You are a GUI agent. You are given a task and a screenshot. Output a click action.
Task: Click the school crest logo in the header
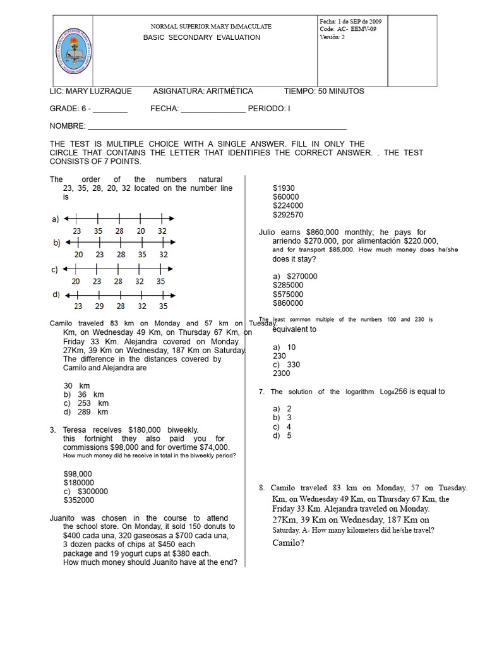(x=75, y=51)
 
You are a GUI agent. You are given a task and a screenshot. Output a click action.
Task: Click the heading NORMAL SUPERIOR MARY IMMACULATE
(x=211, y=27)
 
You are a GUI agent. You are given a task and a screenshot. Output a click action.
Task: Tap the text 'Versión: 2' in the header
(x=332, y=37)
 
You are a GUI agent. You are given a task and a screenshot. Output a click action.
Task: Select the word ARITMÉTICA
(x=231, y=91)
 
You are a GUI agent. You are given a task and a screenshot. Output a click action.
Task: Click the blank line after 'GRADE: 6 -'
(x=111, y=109)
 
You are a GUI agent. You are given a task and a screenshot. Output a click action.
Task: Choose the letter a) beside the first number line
(x=55, y=219)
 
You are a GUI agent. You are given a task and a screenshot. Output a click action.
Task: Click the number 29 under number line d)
(x=99, y=306)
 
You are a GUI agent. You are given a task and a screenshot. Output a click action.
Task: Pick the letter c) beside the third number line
(x=55, y=269)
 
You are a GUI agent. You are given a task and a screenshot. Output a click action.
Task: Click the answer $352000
(x=78, y=500)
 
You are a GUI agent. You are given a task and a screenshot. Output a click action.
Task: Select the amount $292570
(x=288, y=215)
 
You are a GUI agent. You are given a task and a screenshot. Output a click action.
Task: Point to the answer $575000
(x=288, y=294)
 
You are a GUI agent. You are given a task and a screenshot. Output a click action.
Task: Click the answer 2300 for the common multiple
(x=282, y=373)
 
